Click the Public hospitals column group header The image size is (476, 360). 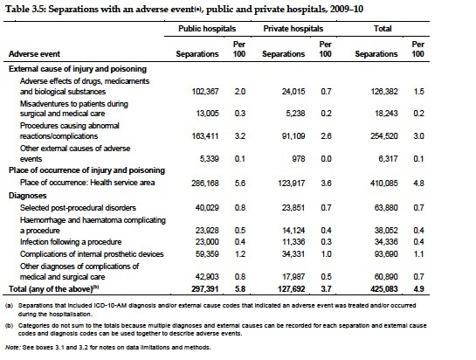[x=207, y=29]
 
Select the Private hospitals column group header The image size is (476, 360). [x=293, y=29]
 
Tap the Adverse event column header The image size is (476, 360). [x=34, y=54]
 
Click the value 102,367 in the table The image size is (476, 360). [x=205, y=92]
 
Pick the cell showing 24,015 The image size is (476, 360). [x=293, y=92]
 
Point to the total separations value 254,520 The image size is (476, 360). [x=384, y=135]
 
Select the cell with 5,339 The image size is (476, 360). [x=209, y=159]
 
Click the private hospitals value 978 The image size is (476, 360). [x=299, y=159]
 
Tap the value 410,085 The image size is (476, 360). [x=384, y=183]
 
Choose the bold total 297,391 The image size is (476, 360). [x=205, y=288]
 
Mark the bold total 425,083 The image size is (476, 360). [x=384, y=288]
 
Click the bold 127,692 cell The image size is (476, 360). [x=292, y=288]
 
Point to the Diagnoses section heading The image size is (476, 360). [x=28, y=196]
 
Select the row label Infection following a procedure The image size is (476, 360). [x=71, y=242]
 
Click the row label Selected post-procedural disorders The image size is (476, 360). [x=78, y=208]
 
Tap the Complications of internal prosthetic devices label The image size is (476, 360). [x=92, y=254]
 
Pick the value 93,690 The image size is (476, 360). [x=386, y=254]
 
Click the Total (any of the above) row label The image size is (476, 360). [x=54, y=288]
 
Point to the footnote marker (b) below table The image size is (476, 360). [x=9, y=326]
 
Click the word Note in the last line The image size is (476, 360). [x=12, y=347]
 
